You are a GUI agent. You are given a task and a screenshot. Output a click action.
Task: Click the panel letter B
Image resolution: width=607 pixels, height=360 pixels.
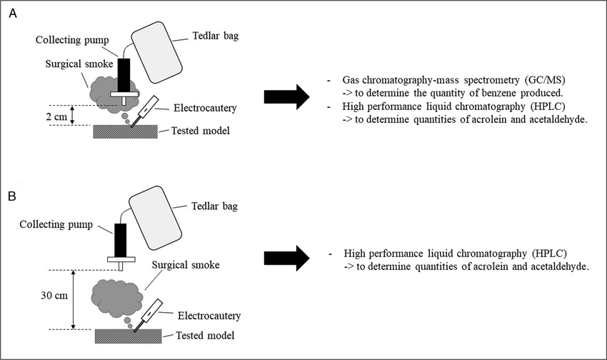point(13,194)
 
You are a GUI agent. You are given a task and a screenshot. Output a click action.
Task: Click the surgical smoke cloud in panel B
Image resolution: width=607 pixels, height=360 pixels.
point(116,294)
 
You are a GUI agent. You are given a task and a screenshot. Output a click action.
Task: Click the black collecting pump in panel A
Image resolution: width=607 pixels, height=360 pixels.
point(124,74)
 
